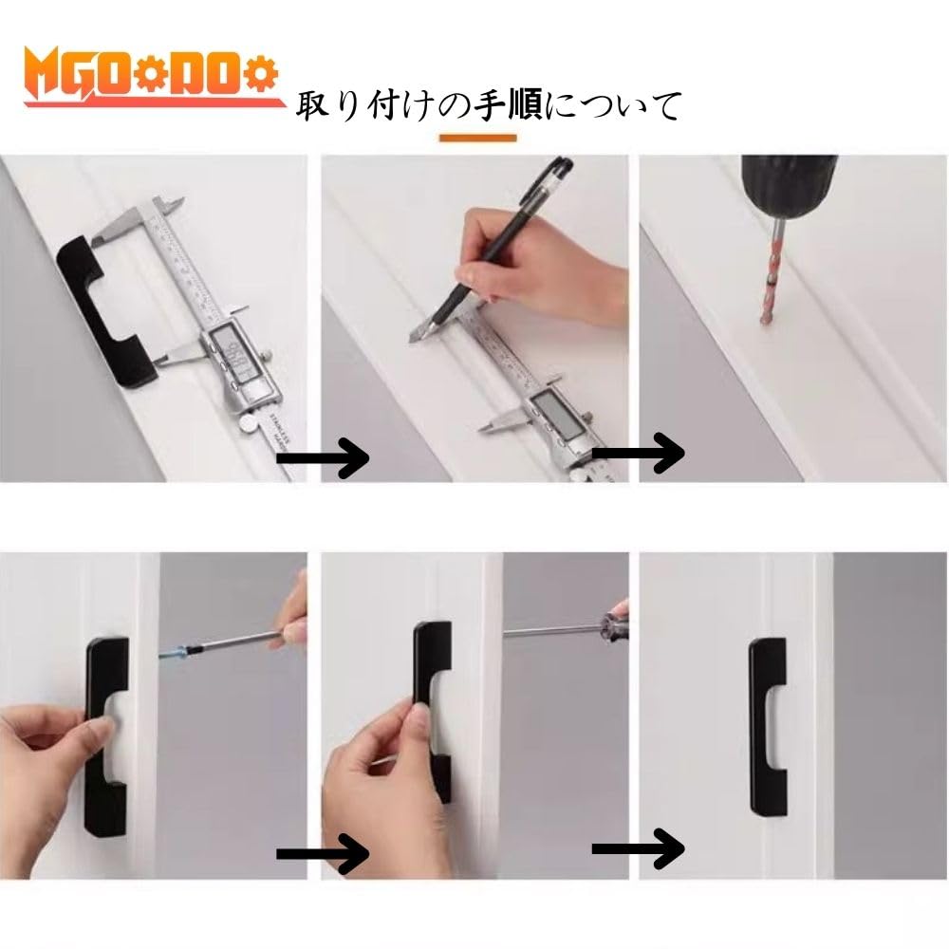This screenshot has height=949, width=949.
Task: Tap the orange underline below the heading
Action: pyautogui.click(x=477, y=138)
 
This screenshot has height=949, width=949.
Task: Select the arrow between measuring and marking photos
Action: pyautogui.click(x=323, y=458)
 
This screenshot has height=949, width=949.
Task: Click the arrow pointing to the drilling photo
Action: pyautogui.click(x=638, y=453)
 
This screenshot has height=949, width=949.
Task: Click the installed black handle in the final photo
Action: pyautogui.click(x=768, y=726)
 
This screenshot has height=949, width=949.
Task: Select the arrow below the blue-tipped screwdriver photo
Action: pyautogui.click(x=323, y=854)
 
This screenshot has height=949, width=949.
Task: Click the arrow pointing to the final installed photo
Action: pyautogui.click(x=638, y=847)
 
